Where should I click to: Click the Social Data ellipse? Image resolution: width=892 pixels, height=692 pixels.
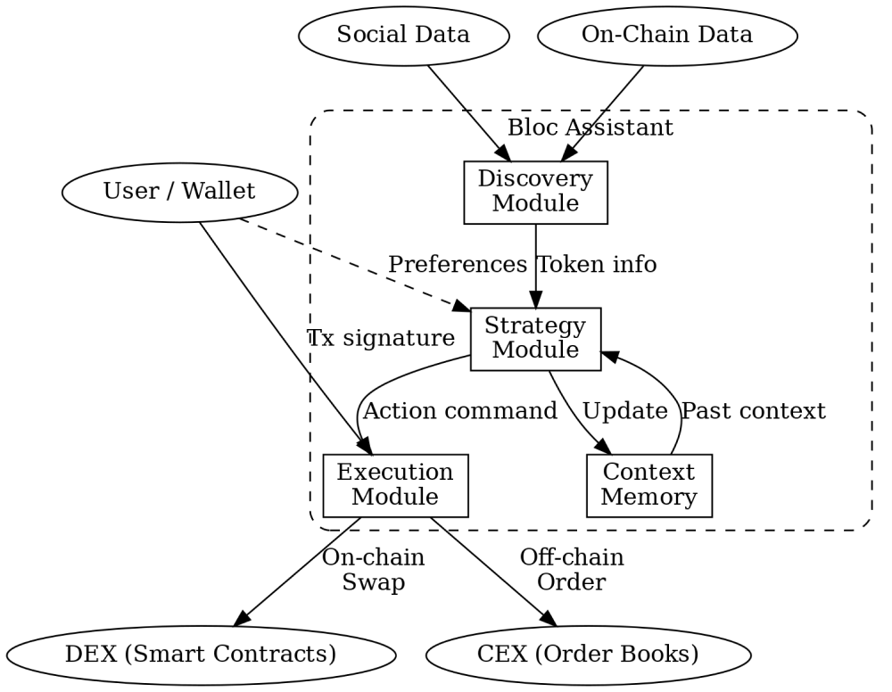coord(402,37)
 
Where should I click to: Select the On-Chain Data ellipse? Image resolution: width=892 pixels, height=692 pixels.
coord(667,37)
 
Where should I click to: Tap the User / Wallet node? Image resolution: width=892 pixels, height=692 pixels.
coord(179,191)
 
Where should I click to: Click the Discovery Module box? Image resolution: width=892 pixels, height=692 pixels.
coord(535,192)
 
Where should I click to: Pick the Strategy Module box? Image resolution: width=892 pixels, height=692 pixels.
coord(535,339)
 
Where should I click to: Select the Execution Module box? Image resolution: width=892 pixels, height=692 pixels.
coord(395,485)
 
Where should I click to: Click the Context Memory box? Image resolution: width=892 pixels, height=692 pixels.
coord(648,485)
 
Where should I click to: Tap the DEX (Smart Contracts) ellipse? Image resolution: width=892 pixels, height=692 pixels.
coord(201,655)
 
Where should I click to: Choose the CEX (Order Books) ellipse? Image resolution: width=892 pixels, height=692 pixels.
coord(589,655)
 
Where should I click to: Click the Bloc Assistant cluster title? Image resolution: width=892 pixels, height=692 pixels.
coord(590,128)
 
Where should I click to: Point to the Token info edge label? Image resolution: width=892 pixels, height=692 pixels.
coord(597,265)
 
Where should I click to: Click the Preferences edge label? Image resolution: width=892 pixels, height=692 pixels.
coord(458,265)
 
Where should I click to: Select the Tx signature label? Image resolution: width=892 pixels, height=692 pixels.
coord(381,338)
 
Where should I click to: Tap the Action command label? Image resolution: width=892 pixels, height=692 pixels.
coord(460,411)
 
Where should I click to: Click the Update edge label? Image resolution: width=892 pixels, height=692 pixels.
coord(624,411)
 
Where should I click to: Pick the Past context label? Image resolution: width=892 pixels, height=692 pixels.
coord(753,411)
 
